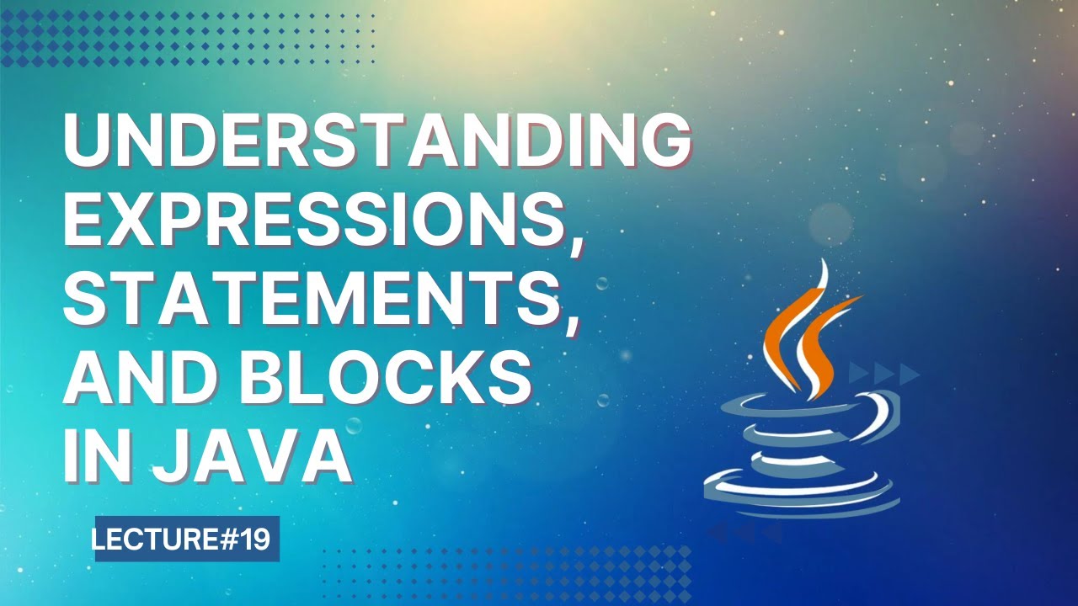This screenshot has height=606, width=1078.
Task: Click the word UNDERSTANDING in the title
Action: (x=376, y=142)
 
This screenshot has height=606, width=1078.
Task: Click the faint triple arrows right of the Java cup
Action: (x=883, y=373)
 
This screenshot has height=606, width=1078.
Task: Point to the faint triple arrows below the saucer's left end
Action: (x=745, y=532)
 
